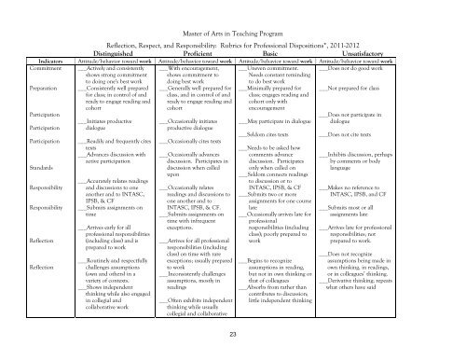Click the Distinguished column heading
pyautogui.click(x=111, y=55)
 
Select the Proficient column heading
pyautogui.click(x=195, y=55)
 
